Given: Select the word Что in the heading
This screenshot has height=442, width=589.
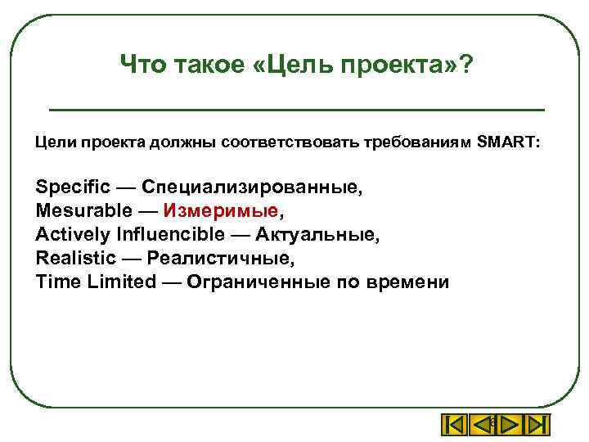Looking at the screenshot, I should pos(142,64).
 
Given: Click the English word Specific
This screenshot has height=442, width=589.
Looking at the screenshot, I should pos(71,187).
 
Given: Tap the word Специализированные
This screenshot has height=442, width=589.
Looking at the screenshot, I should pos(252,187).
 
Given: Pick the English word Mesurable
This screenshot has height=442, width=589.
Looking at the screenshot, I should pos(80,210).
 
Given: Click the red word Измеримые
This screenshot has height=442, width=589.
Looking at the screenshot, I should pos(221,210).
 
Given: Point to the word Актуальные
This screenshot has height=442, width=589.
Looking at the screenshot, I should pos(317,234).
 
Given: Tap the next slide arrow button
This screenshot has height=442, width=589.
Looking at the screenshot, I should pos(509,426).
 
